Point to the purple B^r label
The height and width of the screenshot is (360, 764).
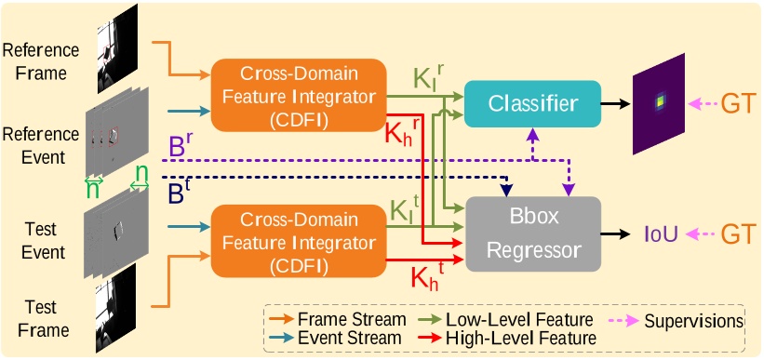181,147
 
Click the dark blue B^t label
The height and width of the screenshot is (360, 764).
181,194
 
